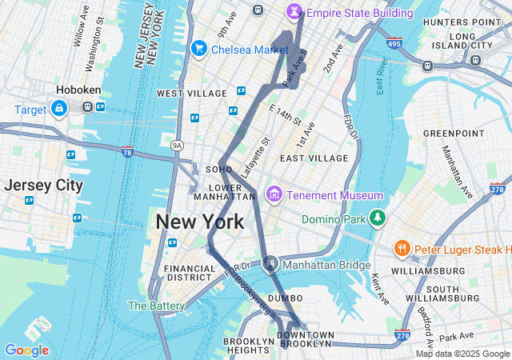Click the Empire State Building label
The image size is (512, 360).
click(359, 13)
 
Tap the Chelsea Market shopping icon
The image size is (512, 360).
click(198, 50)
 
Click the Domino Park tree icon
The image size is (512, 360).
click(377, 218)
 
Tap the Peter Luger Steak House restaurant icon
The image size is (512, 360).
click(402, 250)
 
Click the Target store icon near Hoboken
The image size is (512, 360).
click(59, 108)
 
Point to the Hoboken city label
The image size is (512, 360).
click(77, 90)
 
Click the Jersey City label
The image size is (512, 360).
click(43, 185)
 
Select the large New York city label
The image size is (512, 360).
click(200, 222)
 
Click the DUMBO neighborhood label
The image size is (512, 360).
click(285, 298)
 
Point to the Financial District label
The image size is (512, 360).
click(189, 273)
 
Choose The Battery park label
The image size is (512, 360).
click(156, 306)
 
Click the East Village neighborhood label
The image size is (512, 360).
click(314, 158)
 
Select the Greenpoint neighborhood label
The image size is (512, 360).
click(454, 133)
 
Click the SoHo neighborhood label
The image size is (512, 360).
click(218, 170)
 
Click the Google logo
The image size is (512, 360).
click(26, 350)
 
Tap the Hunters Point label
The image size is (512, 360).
click(474, 22)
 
